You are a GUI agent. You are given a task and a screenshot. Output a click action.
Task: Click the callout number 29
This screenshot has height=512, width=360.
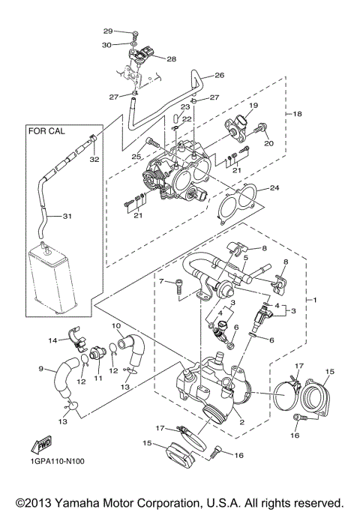pos(107,31)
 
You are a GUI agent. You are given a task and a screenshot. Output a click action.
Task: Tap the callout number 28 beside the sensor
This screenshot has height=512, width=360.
pos(171,58)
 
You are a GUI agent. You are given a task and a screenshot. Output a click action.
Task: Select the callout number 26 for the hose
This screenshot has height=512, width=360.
pos(220,75)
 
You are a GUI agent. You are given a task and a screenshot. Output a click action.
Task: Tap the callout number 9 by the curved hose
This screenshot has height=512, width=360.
pos(42,368)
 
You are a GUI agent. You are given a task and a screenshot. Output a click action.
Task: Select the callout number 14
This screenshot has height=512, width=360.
pos(53,340)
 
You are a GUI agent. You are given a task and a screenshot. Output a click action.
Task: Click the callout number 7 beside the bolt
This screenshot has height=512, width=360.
pos(160,281)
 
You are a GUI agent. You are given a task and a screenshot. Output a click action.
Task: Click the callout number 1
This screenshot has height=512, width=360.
pos(315,301)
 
